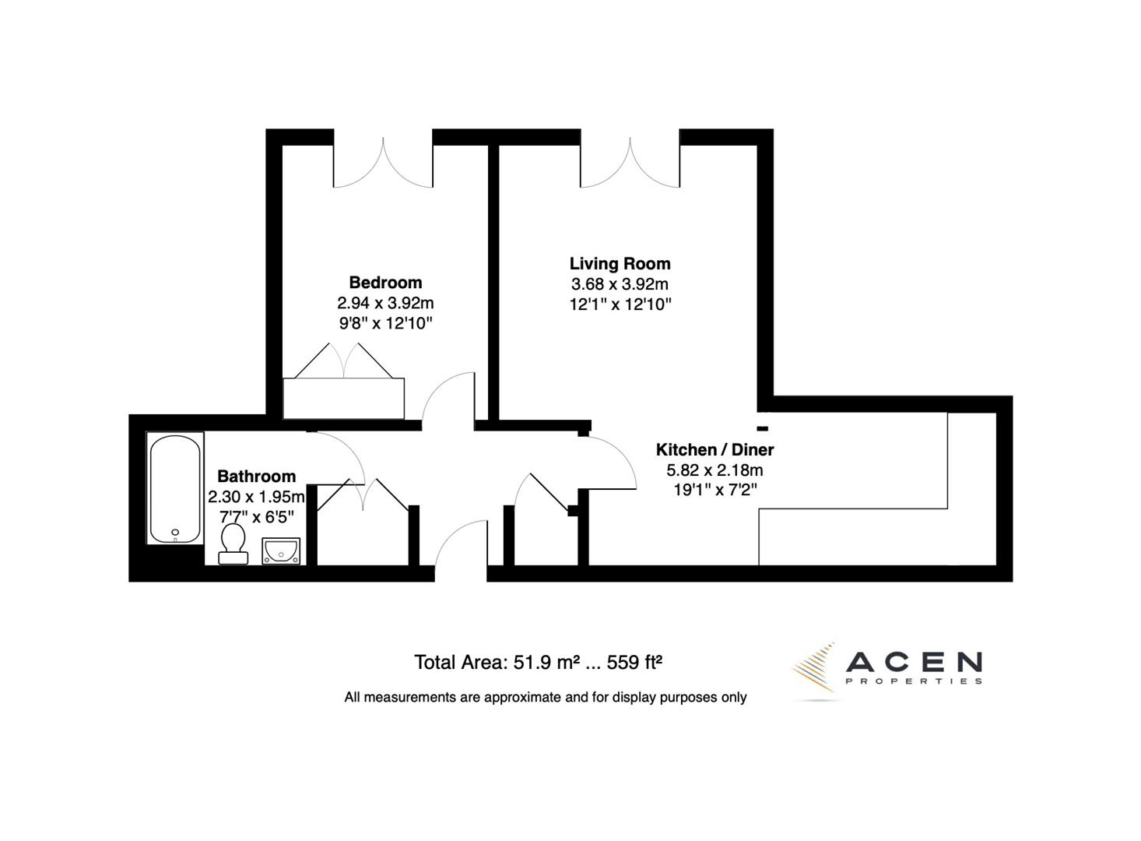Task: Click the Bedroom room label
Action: [385, 282]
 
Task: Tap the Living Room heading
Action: [620, 263]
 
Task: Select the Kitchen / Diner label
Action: [714, 449]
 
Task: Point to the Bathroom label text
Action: [256, 476]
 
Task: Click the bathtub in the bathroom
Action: [175, 488]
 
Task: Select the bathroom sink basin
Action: [281, 551]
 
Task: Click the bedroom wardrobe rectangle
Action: [343, 399]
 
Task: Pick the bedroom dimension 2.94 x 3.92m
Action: [385, 303]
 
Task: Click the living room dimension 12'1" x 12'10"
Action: [620, 304]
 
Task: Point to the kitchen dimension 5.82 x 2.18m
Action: [714, 470]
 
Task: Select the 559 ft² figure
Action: [634, 663]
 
